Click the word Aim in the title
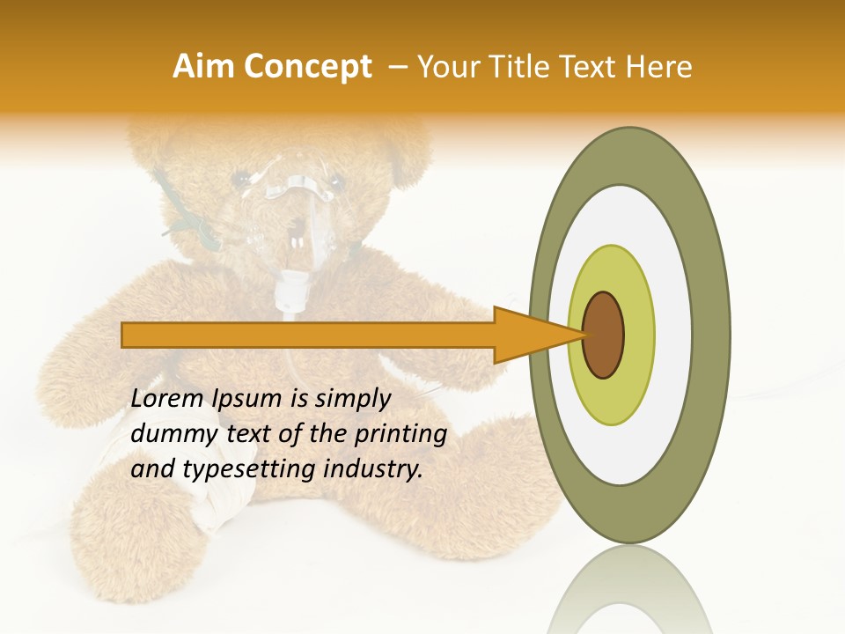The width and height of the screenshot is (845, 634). tap(205, 67)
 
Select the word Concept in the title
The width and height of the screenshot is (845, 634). tap(309, 67)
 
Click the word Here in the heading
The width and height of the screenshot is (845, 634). tap(661, 67)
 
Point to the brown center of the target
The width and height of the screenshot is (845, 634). tap(604, 335)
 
